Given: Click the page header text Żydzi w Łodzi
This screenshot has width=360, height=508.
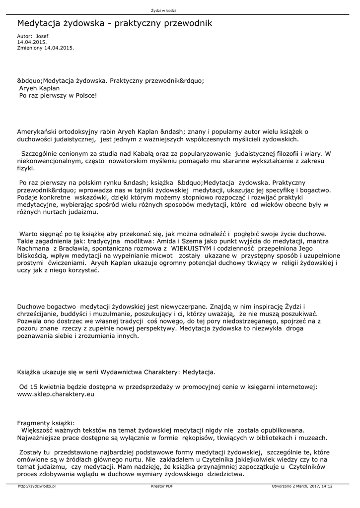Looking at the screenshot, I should [x=163, y=10].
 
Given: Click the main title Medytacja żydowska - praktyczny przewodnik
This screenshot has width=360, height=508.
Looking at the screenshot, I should [x=115, y=23].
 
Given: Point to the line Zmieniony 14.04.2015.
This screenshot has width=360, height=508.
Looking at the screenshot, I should [x=45, y=48].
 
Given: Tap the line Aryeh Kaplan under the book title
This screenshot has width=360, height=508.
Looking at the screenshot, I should [x=39, y=88].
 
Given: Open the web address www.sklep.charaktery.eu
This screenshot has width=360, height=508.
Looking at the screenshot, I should [x=56, y=394].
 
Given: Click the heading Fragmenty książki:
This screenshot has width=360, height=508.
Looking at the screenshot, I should [x=45, y=423].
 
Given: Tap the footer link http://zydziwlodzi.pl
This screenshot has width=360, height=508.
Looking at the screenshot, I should [x=37, y=487].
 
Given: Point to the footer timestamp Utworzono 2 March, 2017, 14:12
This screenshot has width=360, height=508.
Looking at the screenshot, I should [x=302, y=487].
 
